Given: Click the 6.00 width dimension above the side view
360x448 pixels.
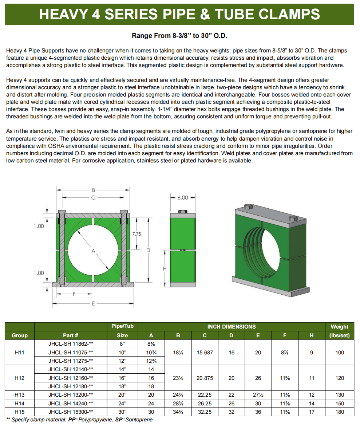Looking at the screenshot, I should (183, 197).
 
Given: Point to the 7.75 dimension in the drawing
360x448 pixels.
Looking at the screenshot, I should (137, 234).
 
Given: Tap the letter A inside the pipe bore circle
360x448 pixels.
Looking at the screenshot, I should (93, 251).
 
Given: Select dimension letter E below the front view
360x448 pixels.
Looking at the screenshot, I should (93, 303).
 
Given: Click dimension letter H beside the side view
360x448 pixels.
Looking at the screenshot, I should (165, 269).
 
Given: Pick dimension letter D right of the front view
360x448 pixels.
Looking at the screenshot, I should (148, 250).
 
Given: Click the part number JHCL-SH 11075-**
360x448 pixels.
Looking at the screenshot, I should (71, 352).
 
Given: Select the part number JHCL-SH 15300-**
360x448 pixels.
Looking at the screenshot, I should (71, 412).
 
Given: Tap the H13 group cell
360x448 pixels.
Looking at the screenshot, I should (20, 395).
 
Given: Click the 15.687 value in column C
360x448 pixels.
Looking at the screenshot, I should (205, 353).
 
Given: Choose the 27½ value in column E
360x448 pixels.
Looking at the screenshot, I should (258, 395).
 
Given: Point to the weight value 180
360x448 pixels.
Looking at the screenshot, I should (339, 412).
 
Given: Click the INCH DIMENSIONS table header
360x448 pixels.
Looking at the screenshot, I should (232, 327).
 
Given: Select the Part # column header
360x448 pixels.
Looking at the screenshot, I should (71, 335).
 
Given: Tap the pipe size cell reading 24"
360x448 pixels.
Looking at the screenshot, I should (122, 404).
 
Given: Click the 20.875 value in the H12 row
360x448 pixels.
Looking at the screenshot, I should (205, 378).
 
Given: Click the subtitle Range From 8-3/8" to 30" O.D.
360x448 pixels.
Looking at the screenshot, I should (180, 36).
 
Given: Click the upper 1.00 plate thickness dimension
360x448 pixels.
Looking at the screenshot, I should (39, 226).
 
